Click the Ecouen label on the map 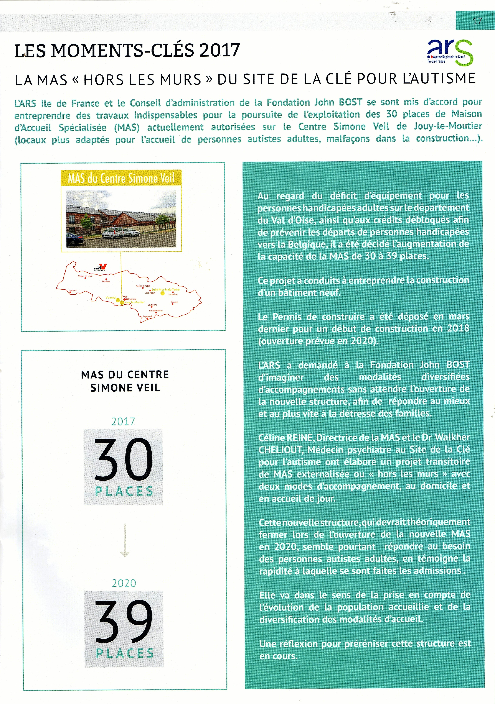[175, 302]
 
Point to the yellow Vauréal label [111, 297]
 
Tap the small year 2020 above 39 [124, 583]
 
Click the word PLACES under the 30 [124, 491]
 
